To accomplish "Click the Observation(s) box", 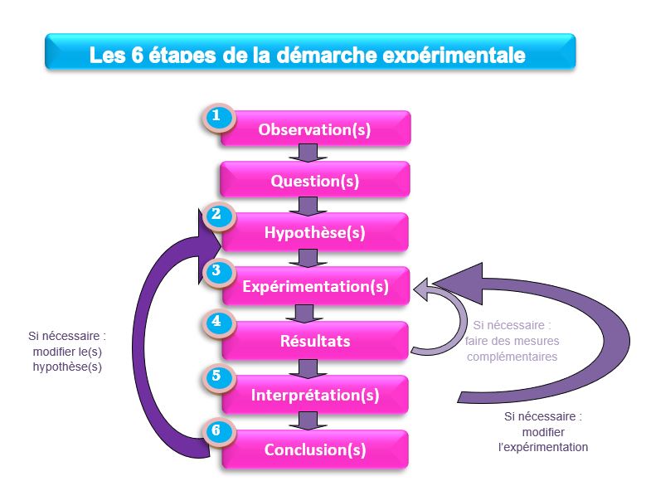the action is (315, 129).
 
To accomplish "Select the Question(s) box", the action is (315, 180).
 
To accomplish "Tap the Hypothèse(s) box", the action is (315, 231).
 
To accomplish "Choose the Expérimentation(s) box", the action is (316, 285).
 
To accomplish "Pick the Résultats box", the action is (315, 341).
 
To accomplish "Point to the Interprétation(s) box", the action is (315, 395).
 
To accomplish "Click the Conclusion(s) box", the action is (315, 449).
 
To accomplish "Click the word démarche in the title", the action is (327, 55).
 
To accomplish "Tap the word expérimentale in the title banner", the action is (454, 56).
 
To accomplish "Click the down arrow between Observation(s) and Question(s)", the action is (308, 153).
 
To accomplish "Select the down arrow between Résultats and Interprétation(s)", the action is (308, 368).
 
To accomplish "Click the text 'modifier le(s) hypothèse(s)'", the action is (67, 359).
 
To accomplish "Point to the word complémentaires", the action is (512, 357).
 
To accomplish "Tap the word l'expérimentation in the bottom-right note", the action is (543, 447).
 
